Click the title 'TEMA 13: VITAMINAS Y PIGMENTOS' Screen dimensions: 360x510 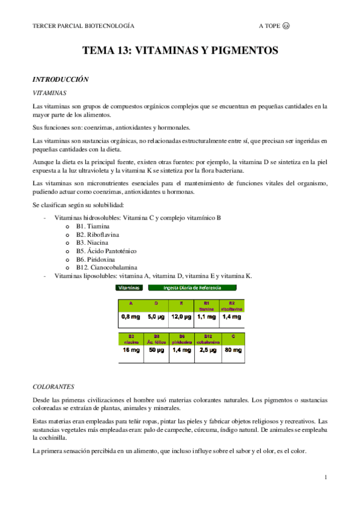[180, 51]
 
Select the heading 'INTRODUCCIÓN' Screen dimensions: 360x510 [60, 79]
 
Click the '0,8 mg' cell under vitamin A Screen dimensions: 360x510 [130, 316]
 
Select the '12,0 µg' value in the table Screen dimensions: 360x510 [181, 316]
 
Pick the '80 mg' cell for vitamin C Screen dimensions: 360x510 [233, 349]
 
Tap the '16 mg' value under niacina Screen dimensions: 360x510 [130, 349]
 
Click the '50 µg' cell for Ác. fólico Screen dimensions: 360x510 [156, 349]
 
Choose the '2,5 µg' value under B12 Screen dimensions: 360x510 [207, 349]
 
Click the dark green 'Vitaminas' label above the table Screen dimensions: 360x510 [130, 288]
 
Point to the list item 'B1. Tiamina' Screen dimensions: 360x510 [93, 226]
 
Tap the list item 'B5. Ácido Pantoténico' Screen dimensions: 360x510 [106, 251]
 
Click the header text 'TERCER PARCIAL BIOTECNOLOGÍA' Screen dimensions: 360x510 [83, 26]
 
